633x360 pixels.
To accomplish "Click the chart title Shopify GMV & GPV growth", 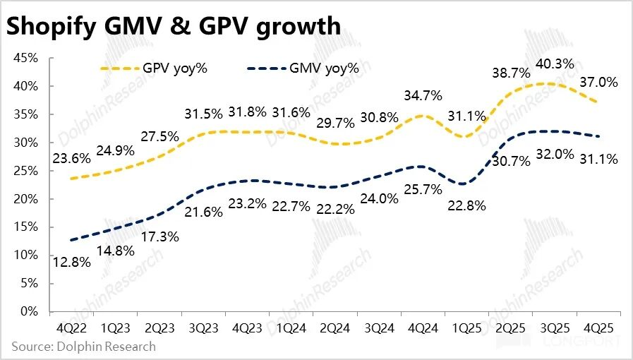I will point(174,26).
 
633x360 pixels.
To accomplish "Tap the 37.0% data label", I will point(598,83).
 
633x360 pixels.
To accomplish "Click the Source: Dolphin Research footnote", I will point(83,347).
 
